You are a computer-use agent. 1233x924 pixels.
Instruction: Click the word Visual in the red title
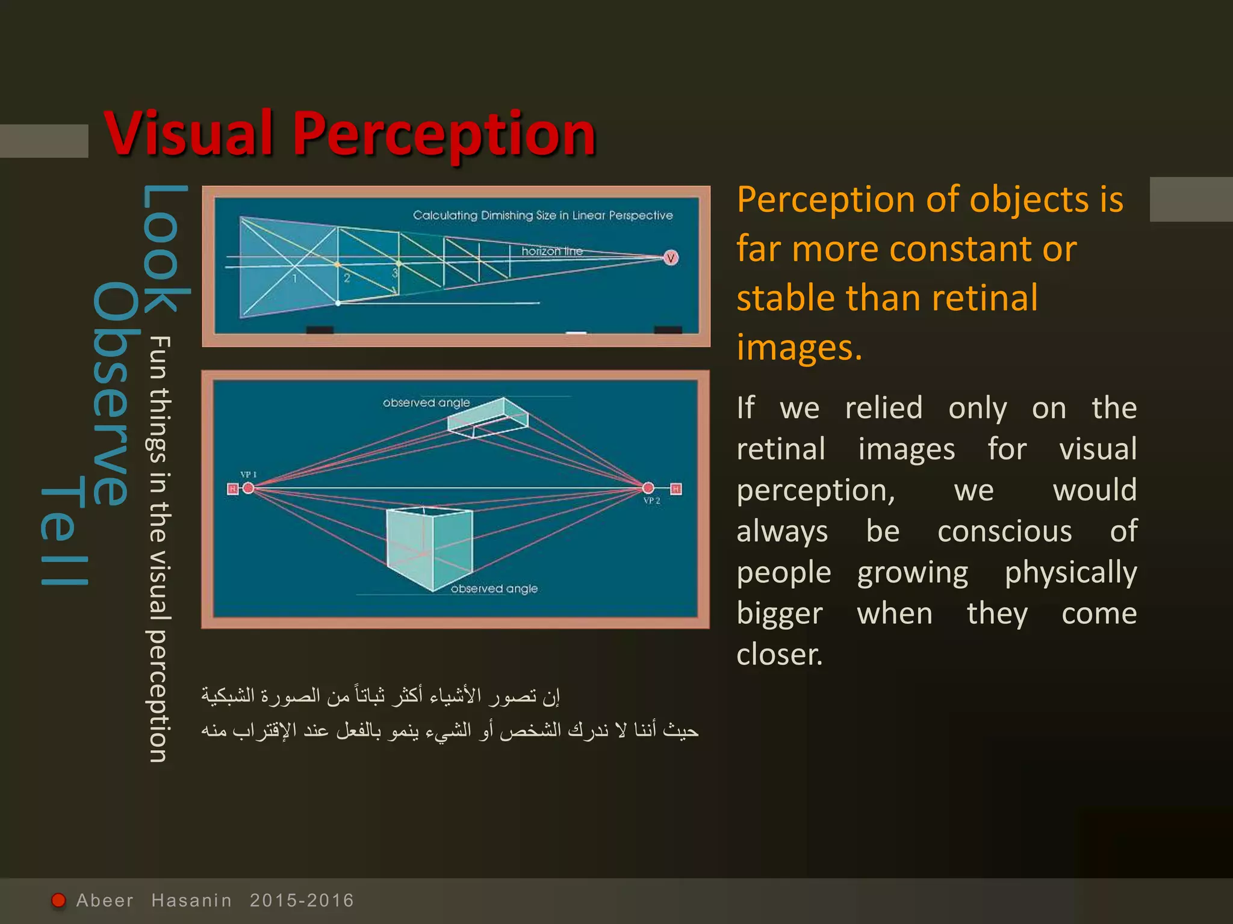point(190,134)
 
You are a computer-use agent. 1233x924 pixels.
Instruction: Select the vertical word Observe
point(111,394)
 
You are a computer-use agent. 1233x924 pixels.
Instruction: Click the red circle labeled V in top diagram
point(671,258)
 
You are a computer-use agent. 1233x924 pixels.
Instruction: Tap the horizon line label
point(551,251)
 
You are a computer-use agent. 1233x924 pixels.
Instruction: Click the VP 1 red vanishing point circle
point(248,488)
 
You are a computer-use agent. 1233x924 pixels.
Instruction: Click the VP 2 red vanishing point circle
point(648,488)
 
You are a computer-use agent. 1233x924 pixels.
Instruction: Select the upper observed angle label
point(426,402)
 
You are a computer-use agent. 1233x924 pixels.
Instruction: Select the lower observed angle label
point(494,589)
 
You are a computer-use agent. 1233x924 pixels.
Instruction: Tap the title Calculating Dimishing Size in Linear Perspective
point(542,215)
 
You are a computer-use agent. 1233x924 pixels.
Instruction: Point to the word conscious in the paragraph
point(1004,532)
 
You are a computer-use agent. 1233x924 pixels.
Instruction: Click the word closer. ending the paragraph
point(779,654)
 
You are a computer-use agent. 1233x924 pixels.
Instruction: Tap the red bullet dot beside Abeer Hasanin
point(58,900)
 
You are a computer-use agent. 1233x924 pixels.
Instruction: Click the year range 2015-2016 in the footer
point(302,901)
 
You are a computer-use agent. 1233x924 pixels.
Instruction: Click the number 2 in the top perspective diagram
point(347,279)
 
